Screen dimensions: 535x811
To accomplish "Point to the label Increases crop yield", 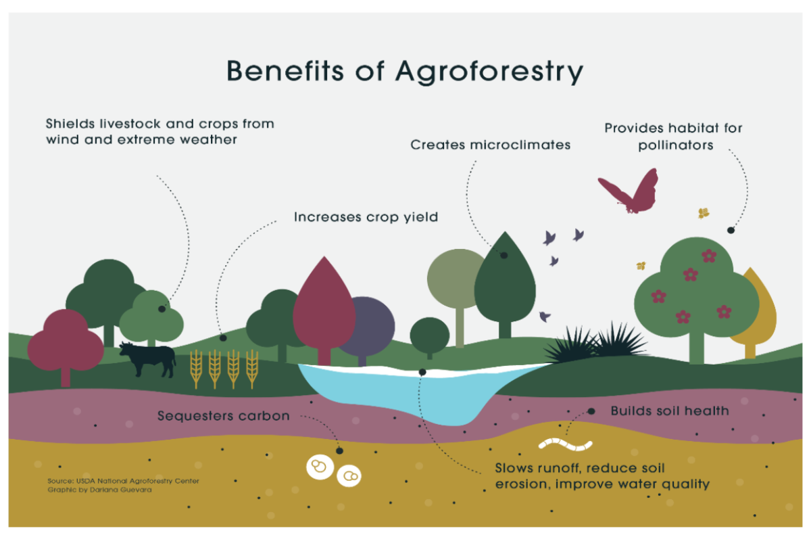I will tap(366, 217).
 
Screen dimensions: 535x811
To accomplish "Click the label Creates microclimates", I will tap(491, 145).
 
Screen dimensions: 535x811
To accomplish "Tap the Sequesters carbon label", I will tap(223, 415).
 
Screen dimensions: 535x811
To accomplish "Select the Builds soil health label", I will tap(670, 411).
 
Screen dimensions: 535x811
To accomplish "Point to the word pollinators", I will tap(675, 145).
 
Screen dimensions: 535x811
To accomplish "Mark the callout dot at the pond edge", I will tap(422, 372).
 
